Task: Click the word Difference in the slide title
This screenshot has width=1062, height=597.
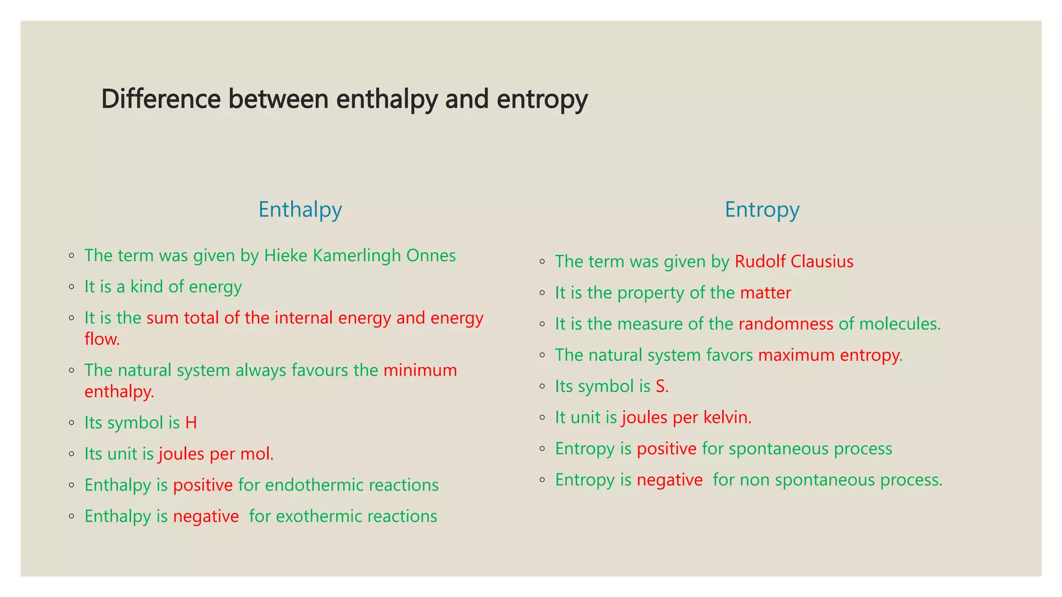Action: click(161, 98)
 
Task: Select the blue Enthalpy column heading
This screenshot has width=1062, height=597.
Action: click(300, 210)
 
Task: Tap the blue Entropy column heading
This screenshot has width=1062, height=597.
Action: click(762, 210)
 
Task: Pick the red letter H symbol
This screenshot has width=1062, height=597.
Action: click(191, 423)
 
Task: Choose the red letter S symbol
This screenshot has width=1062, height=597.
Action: click(661, 387)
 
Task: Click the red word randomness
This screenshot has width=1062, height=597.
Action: click(786, 324)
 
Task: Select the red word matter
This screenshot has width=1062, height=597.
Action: click(765, 293)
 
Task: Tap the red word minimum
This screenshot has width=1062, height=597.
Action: click(420, 371)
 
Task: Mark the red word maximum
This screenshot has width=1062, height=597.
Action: click(796, 355)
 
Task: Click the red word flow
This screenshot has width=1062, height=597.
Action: click(102, 339)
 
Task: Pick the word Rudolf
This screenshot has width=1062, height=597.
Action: click(760, 262)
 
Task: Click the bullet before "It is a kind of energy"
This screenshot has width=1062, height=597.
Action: click(72, 287)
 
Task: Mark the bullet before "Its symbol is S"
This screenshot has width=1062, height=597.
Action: click(542, 387)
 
